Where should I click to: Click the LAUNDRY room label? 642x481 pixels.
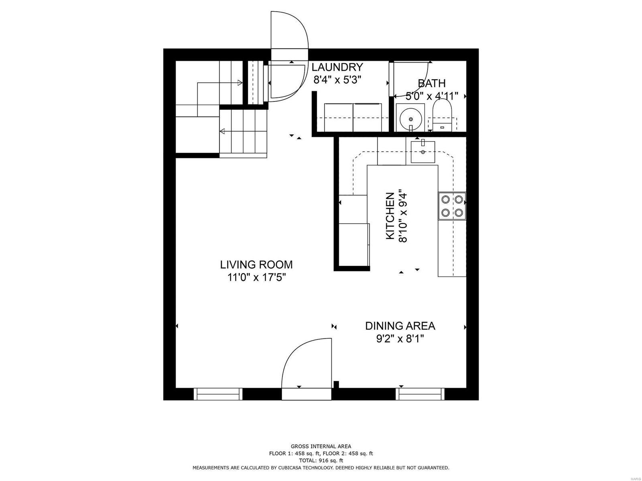coord(337,67)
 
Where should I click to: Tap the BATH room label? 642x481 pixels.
coord(432,83)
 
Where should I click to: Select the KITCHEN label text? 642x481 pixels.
coord(390,216)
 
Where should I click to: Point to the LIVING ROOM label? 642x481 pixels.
coord(256,265)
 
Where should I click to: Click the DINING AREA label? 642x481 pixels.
coord(400,326)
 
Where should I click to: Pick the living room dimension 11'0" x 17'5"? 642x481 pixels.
coord(256,277)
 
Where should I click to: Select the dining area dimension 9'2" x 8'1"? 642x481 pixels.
coord(400,339)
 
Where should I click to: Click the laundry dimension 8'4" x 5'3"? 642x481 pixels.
coord(337,80)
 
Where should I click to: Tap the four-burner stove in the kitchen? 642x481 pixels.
coord(452,206)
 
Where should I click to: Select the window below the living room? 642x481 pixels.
coord(218,394)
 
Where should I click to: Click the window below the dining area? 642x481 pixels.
coord(421,394)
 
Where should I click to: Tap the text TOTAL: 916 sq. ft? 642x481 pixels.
coord(321,461)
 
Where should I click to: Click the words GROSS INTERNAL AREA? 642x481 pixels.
coord(321,446)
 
